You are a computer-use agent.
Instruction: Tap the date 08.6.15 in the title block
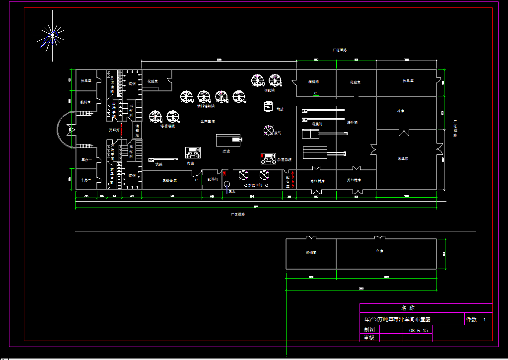tap(418, 330)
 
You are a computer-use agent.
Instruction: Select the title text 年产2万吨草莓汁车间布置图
tap(397, 319)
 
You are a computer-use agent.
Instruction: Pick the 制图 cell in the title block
tap(369, 330)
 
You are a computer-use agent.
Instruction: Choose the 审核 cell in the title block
tap(369, 337)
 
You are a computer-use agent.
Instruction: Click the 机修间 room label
tap(311, 253)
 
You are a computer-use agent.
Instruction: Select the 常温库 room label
tap(403, 158)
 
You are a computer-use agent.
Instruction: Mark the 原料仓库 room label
tap(169, 180)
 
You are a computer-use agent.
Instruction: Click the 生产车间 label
tap(208, 121)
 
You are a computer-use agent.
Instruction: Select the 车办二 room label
tap(86, 180)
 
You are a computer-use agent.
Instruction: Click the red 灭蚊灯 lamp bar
tap(122, 129)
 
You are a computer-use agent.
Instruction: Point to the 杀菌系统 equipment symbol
tap(269, 158)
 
